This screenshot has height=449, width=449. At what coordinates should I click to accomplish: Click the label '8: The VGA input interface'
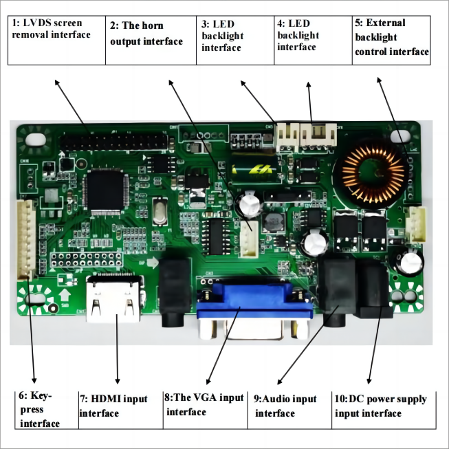[205, 404]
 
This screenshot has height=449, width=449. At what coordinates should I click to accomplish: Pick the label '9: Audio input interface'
[286, 406]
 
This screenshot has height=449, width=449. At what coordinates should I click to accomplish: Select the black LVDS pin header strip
[114, 142]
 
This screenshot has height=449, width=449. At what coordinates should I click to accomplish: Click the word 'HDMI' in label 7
[108, 399]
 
